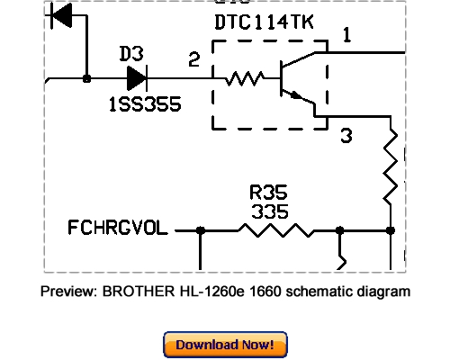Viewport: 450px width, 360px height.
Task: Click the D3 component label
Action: [132, 54]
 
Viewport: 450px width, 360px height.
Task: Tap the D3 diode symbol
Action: [136, 78]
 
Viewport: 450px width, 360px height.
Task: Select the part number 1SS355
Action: [144, 104]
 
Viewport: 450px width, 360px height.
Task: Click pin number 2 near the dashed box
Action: [193, 60]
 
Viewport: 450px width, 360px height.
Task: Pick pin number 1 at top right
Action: [347, 36]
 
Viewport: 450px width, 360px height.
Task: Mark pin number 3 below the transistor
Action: [345, 136]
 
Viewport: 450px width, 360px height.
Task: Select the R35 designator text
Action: [267, 193]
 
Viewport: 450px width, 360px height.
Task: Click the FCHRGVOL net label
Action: [117, 229]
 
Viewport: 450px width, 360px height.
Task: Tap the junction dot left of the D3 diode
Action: [85, 78]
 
